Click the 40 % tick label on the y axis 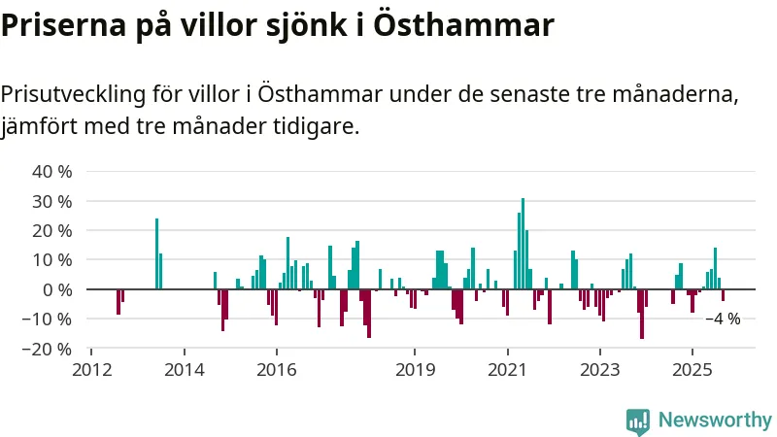pyautogui.click(x=52, y=172)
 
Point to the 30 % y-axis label pyautogui.click(x=52, y=201)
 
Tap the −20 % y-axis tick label pyautogui.click(x=49, y=348)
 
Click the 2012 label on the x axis pyautogui.click(x=91, y=369)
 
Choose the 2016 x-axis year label pyautogui.click(x=276, y=369)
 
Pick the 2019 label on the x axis pyautogui.click(x=415, y=369)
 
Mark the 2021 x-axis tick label pyautogui.click(x=507, y=369)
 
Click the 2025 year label pyautogui.click(x=692, y=369)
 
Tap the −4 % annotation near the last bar pyautogui.click(x=723, y=319)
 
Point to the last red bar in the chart pyautogui.click(x=723, y=295)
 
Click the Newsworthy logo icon pyautogui.click(x=638, y=420)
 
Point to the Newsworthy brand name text pyautogui.click(x=715, y=420)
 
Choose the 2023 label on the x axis pyautogui.click(x=599, y=369)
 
